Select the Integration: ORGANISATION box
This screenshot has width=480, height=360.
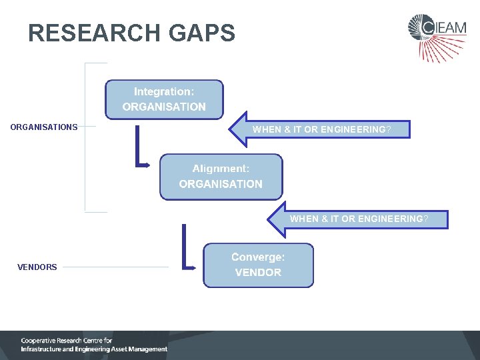click(164, 99)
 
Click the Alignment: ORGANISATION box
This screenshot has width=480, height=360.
click(221, 177)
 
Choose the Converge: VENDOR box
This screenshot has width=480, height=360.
click(258, 265)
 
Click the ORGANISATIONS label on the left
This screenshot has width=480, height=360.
click(44, 127)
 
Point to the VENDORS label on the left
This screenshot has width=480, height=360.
click(37, 267)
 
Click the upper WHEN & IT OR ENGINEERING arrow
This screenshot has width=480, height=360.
click(320, 129)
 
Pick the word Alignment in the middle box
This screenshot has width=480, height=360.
click(221, 169)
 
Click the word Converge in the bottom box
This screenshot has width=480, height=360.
click(258, 257)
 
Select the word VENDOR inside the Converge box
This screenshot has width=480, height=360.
click(258, 273)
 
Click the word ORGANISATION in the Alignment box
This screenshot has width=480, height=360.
click(221, 184)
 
